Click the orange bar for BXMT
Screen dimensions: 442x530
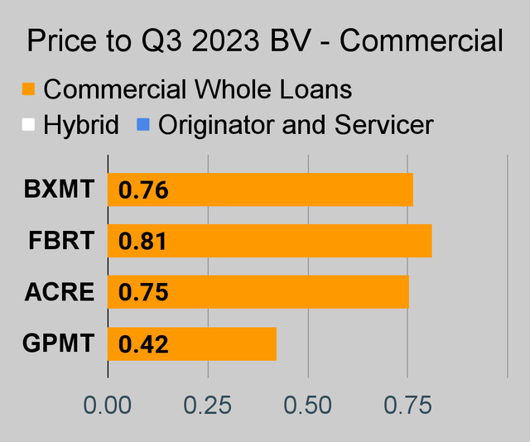pos(260,190)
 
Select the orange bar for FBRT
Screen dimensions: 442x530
pos(270,241)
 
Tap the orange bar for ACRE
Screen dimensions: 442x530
pos(258,292)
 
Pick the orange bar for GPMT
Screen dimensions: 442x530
pos(192,344)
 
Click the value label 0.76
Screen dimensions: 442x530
pos(143,191)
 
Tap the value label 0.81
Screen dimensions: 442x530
pos(143,243)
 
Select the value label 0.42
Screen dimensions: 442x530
pos(143,344)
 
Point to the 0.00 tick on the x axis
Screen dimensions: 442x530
pos(108,406)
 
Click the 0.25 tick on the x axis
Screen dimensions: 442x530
pos(208,406)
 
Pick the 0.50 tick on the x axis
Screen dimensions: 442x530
pos(307,406)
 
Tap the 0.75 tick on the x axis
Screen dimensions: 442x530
pos(407,406)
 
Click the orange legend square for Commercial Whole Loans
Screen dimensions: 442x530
pos(28,89)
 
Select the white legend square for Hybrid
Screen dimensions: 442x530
pos(28,126)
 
